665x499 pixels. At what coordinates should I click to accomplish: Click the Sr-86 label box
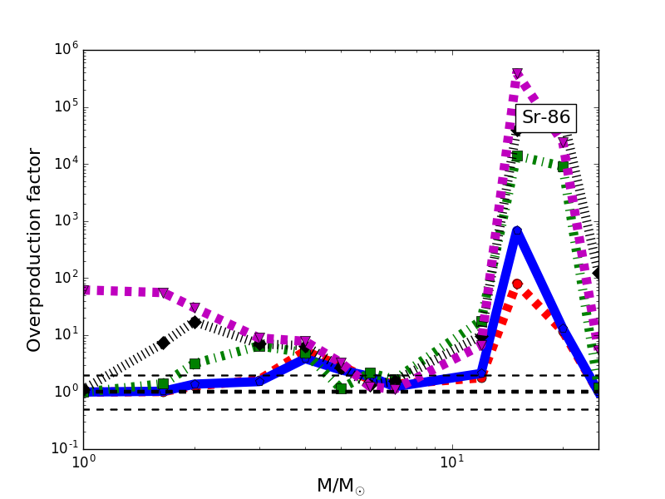(545, 117)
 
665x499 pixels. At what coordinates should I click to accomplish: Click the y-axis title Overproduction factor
(34, 249)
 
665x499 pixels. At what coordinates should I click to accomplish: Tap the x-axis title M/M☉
(340, 486)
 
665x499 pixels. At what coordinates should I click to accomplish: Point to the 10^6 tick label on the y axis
(62, 49)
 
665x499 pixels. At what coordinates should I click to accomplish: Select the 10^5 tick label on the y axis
(62, 106)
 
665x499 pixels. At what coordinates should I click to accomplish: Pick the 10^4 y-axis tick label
(62, 163)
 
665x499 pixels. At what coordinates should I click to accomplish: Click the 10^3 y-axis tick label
(62, 220)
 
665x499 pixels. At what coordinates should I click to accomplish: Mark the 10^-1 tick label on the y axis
(60, 448)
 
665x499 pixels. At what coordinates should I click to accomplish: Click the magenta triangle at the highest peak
(517, 74)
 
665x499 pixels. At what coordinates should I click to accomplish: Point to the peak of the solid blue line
(517, 232)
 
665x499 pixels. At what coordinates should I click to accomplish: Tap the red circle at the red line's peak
(517, 284)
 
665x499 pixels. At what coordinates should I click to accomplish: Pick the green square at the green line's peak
(517, 156)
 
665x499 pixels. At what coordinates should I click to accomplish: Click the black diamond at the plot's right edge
(597, 273)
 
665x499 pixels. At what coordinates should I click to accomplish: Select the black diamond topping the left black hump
(195, 322)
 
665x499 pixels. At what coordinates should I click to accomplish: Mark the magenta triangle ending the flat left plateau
(164, 294)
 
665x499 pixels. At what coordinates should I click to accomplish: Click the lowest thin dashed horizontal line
(332, 409)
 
